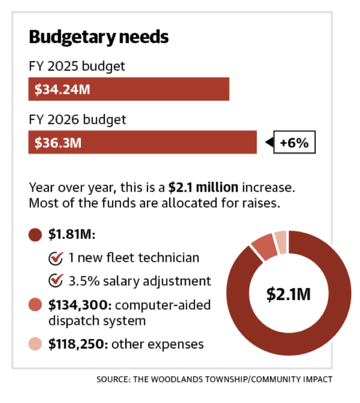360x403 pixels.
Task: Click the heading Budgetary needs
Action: [99, 37]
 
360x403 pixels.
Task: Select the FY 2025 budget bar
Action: [129, 89]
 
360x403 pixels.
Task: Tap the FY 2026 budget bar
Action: [143, 142]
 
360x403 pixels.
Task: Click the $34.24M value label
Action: [62, 90]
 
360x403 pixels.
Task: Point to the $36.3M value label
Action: [58, 142]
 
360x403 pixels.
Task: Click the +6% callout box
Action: [294, 142]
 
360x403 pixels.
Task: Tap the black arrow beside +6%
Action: [270, 142]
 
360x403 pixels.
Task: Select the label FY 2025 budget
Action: [77, 66]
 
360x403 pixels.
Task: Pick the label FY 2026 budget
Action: [77, 120]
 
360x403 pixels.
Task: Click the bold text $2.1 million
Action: [203, 187]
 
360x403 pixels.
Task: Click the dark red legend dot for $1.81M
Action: [35, 234]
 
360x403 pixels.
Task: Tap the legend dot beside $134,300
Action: [35, 305]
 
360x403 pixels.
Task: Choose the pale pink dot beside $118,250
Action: [35, 344]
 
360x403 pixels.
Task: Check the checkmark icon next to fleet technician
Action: [56, 258]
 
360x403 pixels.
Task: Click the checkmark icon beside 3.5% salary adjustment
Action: [56, 281]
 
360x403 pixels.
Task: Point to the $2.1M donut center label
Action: [289, 294]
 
